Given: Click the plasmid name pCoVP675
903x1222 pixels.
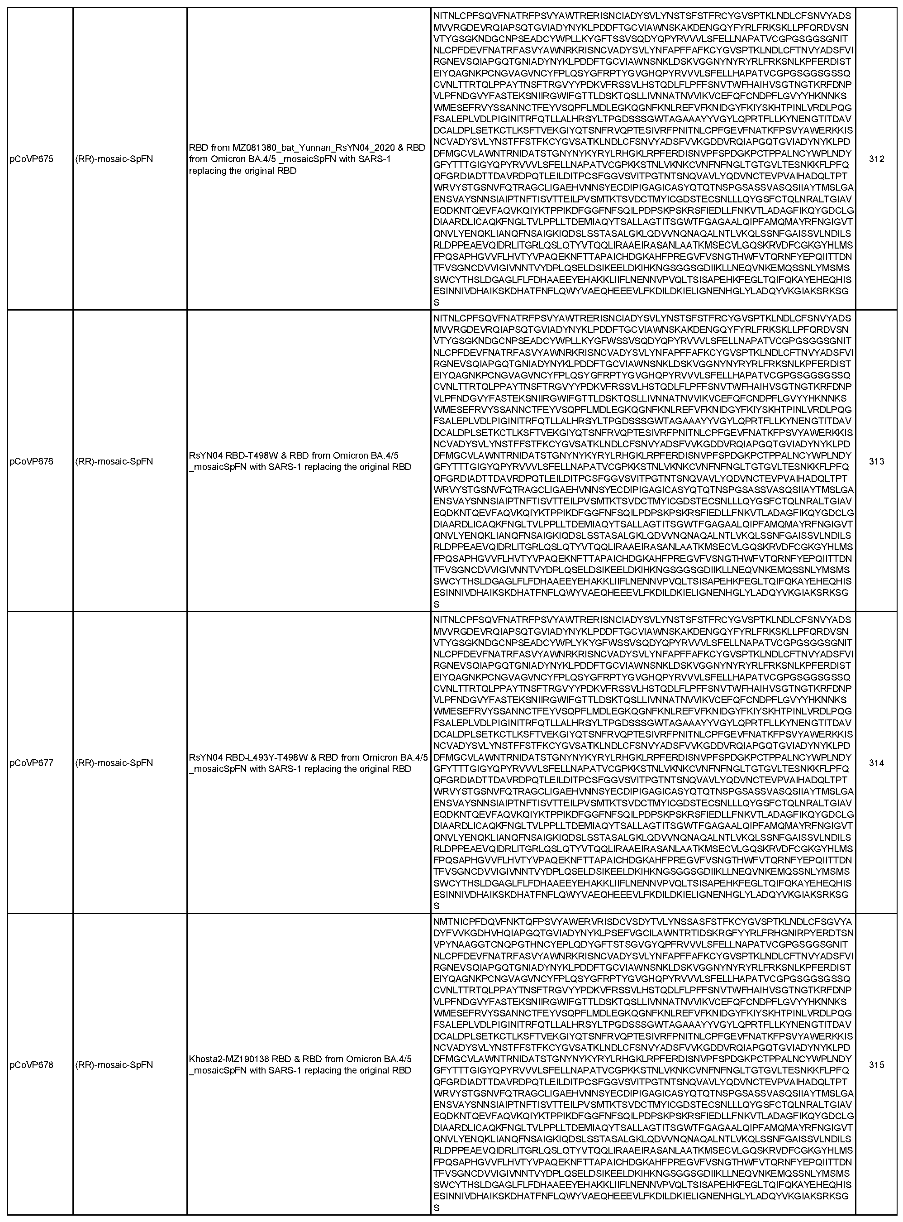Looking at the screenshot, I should (32, 159).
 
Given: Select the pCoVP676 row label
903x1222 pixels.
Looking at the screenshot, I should (32, 461).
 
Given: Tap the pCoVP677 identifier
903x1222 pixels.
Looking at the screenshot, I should (32, 763).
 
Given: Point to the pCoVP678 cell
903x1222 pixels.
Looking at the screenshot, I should (32, 1065).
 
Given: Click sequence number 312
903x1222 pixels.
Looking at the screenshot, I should (876, 159).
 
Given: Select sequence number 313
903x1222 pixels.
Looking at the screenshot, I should (876, 461).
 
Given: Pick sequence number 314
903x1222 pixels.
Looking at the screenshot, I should (876, 763).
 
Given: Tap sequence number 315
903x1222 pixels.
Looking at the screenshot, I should (876, 1065).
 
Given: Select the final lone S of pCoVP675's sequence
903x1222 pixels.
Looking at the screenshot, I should (436, 302).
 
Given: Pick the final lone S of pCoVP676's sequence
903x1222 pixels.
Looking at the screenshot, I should (436, 604).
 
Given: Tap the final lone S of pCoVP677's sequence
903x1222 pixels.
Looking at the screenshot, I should (436, 906).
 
